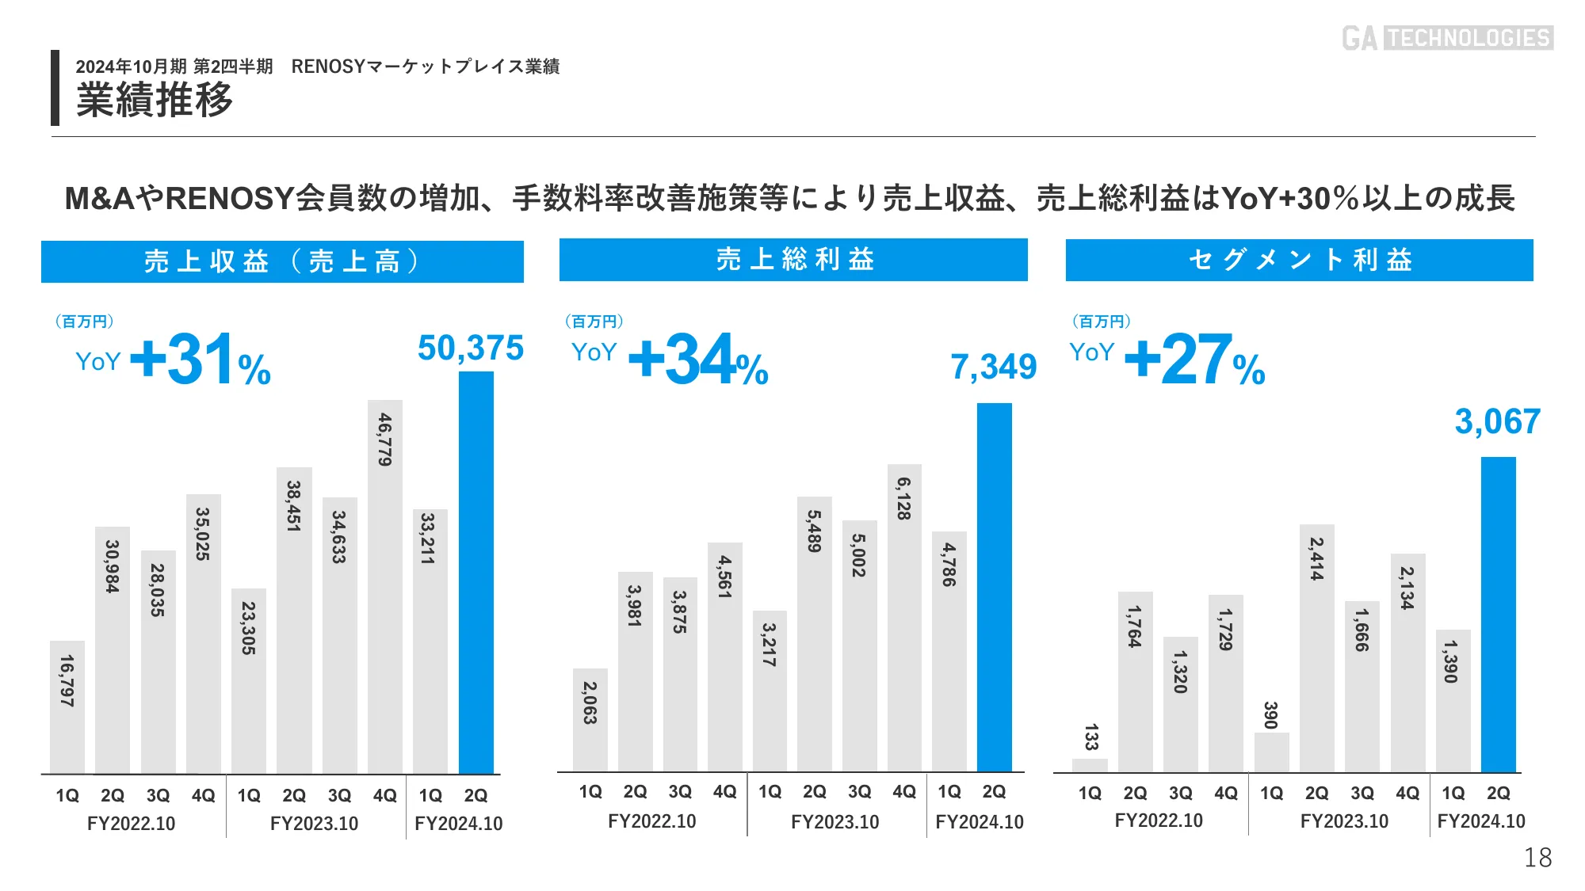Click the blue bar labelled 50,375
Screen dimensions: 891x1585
tap(476, 573)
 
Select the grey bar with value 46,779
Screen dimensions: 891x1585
tap(385, 586)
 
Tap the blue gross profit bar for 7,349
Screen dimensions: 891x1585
tap(994, 587)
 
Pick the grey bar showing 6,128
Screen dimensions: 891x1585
tap(904, 618)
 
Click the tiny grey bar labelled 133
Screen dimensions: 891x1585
tap(1090, 765)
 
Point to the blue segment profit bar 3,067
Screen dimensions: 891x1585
tap(1498, 614)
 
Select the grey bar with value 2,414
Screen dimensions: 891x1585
tap(1316, 648)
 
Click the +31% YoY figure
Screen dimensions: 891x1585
tap(201, 360)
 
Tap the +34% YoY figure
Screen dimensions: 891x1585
tap(698, 360)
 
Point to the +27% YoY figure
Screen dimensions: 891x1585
tap(1194, 360)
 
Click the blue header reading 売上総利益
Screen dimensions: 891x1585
tap(793, 260)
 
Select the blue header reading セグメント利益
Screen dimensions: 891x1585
tap(1299, 260)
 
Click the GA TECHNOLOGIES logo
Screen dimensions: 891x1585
tap(1447, 38)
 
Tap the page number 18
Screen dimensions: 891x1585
tap(1537, 858)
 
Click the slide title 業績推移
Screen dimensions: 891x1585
tap(155, 101)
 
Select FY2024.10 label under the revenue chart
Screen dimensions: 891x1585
tap(458, 824)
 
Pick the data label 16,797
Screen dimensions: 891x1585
tap(67, 680)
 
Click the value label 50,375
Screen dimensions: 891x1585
tap(471, 348)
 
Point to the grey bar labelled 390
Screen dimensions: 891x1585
tap(1271, 752)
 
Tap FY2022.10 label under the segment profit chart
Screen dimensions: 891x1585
tap(1158, 821)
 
